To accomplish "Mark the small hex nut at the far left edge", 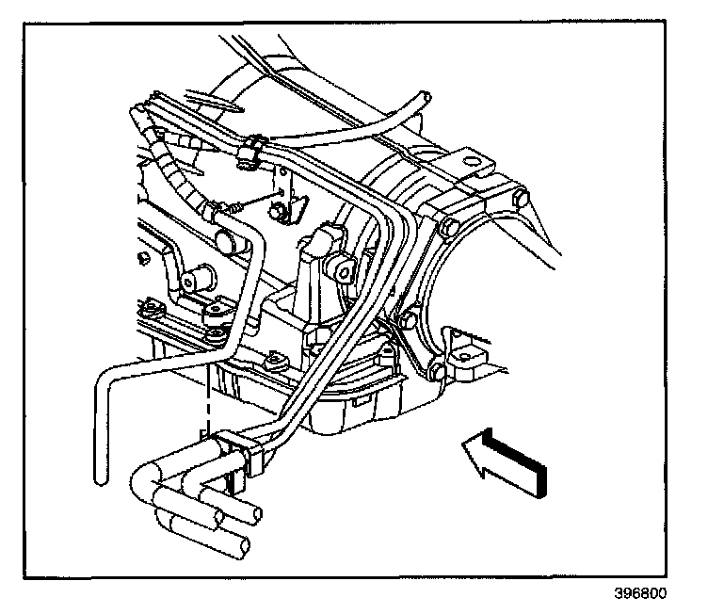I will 141,258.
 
